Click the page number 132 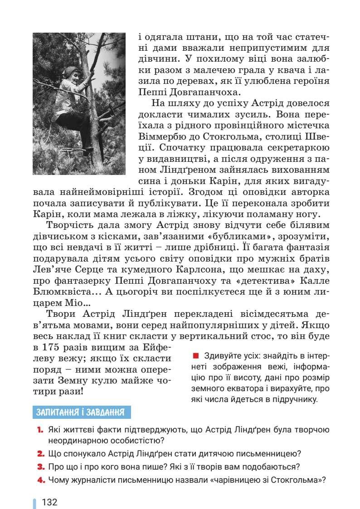(49, 502)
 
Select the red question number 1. (40, 430)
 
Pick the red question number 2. (40, 453)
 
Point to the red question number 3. (40, 466)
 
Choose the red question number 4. (40, 480)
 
